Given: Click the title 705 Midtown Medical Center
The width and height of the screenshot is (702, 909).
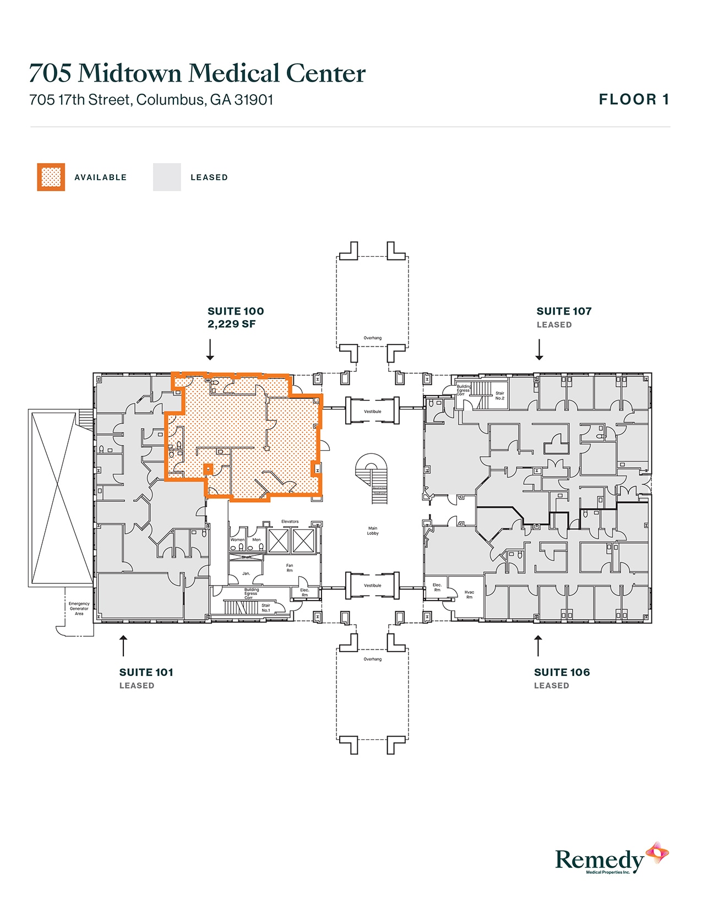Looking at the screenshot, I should [x=197, y=73].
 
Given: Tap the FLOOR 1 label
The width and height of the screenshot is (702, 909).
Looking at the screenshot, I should [x=634, y=100].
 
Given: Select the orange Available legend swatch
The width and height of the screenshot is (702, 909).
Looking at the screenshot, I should [x=51, y=177].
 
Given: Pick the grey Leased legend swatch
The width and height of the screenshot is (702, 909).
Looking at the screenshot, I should [x=167, y=177].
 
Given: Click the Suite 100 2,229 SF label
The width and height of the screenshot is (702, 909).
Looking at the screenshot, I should [x=235, y=317].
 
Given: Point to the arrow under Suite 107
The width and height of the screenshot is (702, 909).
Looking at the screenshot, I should [x=539, y=349].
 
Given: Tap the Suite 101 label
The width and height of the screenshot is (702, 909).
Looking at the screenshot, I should [x=146, y=672].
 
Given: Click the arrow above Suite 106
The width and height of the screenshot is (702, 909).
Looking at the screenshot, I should [x=538, y=646].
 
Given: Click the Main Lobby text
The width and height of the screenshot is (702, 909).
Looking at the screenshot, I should [x=373, y=531].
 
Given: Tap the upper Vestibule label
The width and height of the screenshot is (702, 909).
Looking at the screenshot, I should [x=373, y=412].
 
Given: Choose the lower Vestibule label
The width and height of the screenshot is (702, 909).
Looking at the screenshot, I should [x=373, y=585].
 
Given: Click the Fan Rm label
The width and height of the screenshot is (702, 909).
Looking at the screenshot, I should [x=290, y=567].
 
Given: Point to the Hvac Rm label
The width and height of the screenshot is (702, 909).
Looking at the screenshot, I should [x=469, y=594].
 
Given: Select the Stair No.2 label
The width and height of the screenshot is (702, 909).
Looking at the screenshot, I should [x=499, y=396].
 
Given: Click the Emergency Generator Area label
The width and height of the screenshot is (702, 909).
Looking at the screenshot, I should [x=79, y=608].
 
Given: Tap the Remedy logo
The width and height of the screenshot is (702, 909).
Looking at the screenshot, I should [x=611, y=859].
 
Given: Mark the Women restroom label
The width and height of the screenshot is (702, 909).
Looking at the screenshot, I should [x=237, y=540].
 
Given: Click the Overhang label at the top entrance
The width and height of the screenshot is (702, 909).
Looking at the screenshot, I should [x=373, y=338].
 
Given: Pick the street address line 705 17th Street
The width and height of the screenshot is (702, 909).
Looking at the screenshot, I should [x=151, y=100].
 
